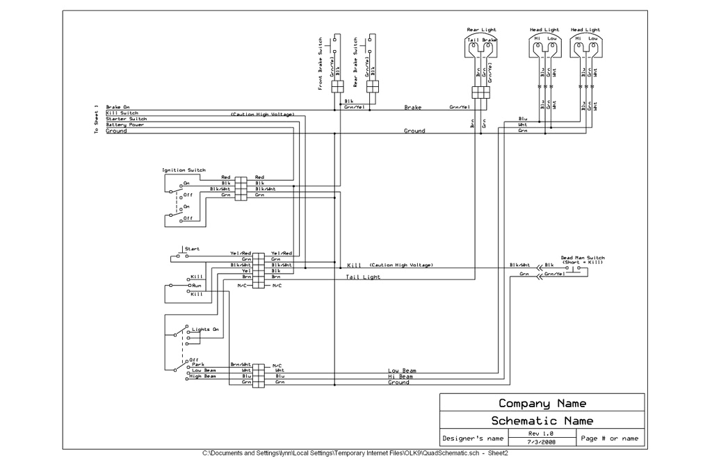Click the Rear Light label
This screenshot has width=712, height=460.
(x=482, y=30)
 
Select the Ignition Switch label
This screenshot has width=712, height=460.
(x=184, y=170)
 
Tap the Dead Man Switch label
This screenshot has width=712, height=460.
(x=582, y=258)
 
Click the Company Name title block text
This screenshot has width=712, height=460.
(x=542, y=404)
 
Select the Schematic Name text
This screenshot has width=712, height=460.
(x=542, y=420)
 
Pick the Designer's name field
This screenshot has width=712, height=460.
(x=473, y=438)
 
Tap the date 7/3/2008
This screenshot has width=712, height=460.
(x=542, y=442)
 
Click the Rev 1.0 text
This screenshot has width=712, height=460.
(x=542, y=434)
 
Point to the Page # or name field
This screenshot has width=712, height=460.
(x=609, y=438)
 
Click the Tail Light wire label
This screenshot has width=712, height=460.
(x=363, y=277)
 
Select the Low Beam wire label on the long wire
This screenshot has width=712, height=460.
(x=402, y=370)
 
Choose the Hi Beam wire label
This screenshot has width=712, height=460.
(x=400, y=377)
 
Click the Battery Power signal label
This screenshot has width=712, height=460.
(x=124, y=124)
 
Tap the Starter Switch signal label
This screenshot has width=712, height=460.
(x=126, y=119)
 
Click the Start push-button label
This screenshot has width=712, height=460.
(x=192, y=249)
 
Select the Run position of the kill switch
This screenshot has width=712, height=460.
(x=197, y=286)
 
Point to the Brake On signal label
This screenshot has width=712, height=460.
(x=118, y=107)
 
